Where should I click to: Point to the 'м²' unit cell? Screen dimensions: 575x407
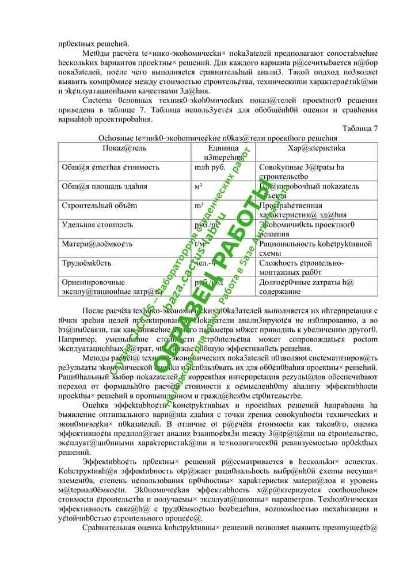tap(199, 187)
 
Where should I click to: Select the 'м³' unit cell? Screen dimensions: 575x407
tap(199, 206)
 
